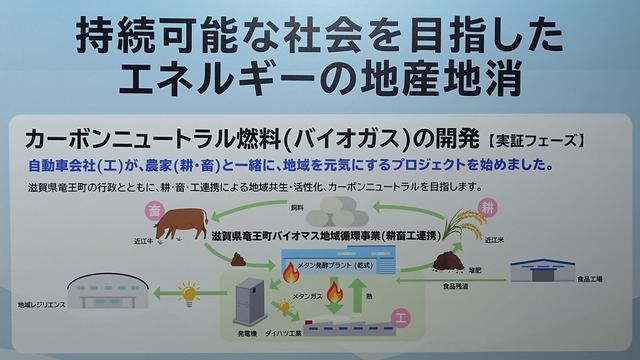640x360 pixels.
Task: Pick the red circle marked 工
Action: pos(401,319)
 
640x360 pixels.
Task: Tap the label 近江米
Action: pos(492,241)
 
